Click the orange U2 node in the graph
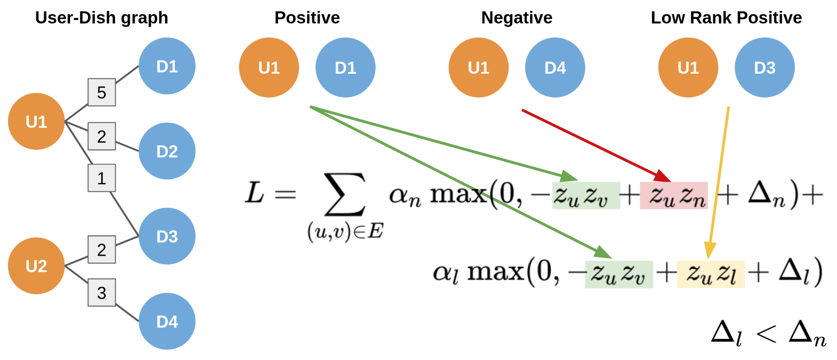point(36,266)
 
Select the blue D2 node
point(167,151)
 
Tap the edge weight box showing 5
point(102,92)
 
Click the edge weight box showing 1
point(102,178)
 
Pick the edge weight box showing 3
point(102,293)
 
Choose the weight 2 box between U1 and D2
point(102,136)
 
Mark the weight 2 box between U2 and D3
point(102,249)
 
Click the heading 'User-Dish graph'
point(101,18)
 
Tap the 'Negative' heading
point(517,18)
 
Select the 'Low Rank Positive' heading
point(726,18)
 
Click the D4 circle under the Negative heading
point(555,67)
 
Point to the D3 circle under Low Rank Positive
point(765,67)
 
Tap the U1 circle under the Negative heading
point(479,67)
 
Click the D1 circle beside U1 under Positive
point(345,67)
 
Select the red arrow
point(595,144)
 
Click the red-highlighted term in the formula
point(674,195)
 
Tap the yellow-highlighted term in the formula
point(711,274)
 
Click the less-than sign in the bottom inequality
point(766,334)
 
